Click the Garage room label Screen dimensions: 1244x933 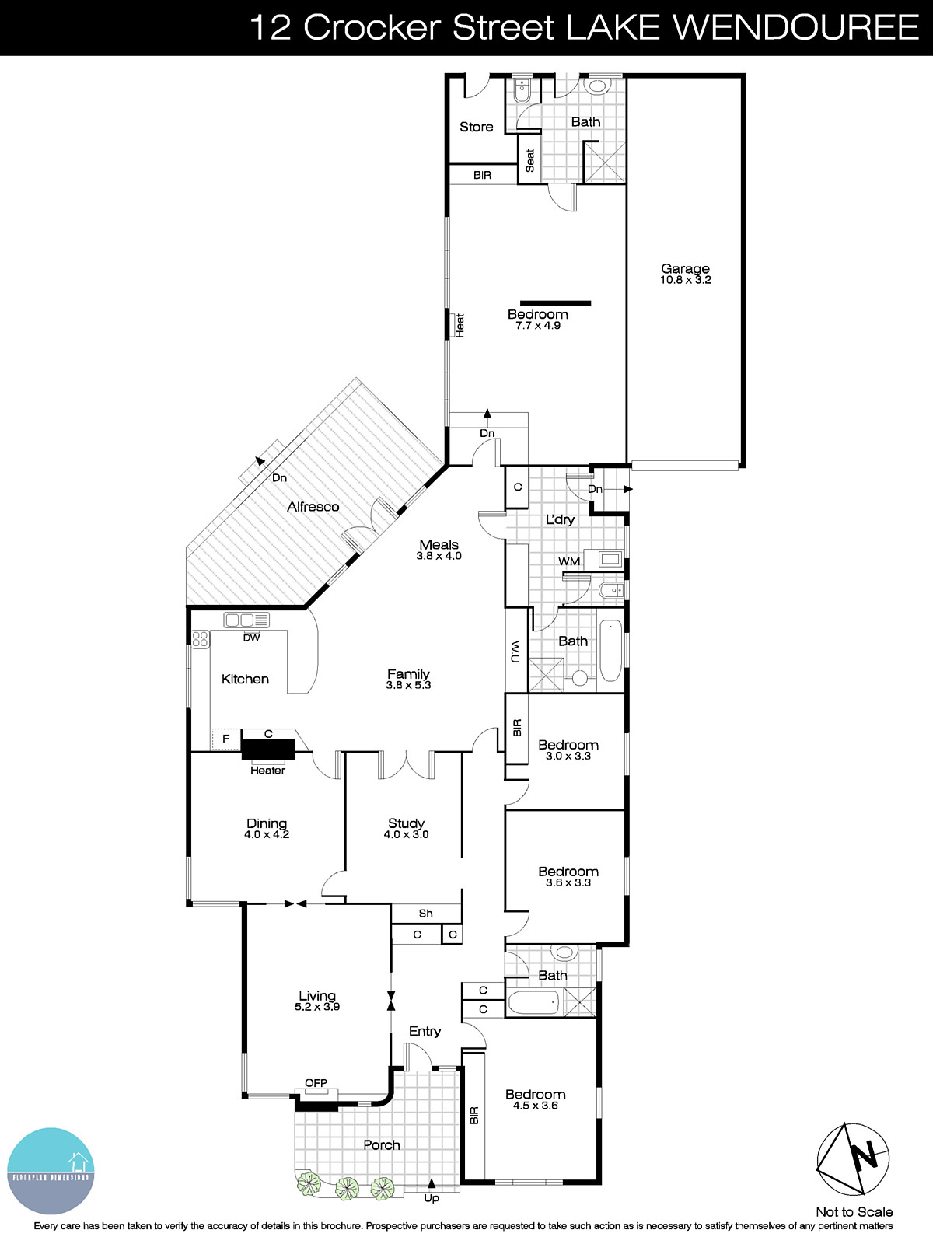tap(685, 269)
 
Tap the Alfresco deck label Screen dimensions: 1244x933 tap(313, 507)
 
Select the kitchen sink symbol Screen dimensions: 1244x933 tap(246, 620)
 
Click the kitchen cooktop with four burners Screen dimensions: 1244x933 tap(201, 639)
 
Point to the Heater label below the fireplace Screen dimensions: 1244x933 tap(267, 771)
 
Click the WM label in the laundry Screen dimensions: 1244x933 tap(569, 561)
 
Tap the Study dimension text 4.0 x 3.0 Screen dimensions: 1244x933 tap(406, 835)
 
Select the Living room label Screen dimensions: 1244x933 tap(317, 995)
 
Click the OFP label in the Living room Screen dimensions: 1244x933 tap(316, 1083)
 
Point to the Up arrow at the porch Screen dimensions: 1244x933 tap(432, 1185)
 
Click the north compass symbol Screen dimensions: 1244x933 tap(852, 1158)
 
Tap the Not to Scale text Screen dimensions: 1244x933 tap(854, 1212)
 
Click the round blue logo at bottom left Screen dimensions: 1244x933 tap(51, 1171)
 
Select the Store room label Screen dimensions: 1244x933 tap(476, 127)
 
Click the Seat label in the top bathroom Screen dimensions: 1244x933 tap(530, 160)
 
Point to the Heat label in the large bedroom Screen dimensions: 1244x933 tap(460, 325)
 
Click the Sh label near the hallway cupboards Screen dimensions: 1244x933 tap(425, 914)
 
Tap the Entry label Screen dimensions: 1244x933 tap(425, 1031)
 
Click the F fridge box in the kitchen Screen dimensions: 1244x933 tap(226, 739)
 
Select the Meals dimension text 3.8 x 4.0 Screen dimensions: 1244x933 tap(439, 556)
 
